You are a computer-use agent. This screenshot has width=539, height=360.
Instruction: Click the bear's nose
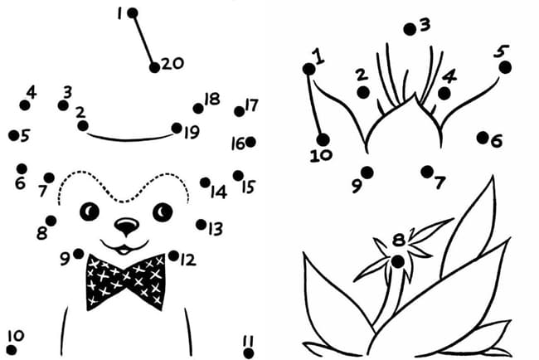point(127,226)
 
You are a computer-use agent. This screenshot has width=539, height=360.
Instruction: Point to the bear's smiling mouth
point(124,247)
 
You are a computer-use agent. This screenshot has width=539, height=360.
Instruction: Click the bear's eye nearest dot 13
point(163,212)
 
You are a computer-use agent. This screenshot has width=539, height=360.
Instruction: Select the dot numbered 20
point(155,68)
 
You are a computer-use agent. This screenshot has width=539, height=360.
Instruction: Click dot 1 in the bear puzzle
point(133,13)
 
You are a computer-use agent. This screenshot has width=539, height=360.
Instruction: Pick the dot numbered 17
point(240,111)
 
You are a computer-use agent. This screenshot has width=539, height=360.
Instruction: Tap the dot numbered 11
point(249,353)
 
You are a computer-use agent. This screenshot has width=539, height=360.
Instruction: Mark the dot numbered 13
point(202,225)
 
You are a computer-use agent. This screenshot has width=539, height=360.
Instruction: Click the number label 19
point(192,132)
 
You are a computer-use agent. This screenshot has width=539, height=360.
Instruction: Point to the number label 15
point(248,187)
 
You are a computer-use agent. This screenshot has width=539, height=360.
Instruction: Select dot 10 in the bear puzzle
point(12,350)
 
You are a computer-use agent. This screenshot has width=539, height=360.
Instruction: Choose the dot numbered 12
point(173,255)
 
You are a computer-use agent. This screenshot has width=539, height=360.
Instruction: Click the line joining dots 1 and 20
point(143,41)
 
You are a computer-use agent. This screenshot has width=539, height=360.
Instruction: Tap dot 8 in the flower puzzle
point(398,262)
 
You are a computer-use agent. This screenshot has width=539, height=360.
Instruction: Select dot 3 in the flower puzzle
point(410,30)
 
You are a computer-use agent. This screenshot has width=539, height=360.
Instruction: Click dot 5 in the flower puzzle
point(505,67)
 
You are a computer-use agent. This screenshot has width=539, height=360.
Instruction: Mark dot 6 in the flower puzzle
point(483,138)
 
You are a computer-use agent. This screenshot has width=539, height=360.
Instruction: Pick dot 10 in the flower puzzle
point(323,140)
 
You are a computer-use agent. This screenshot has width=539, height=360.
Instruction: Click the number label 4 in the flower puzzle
point(449,76)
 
